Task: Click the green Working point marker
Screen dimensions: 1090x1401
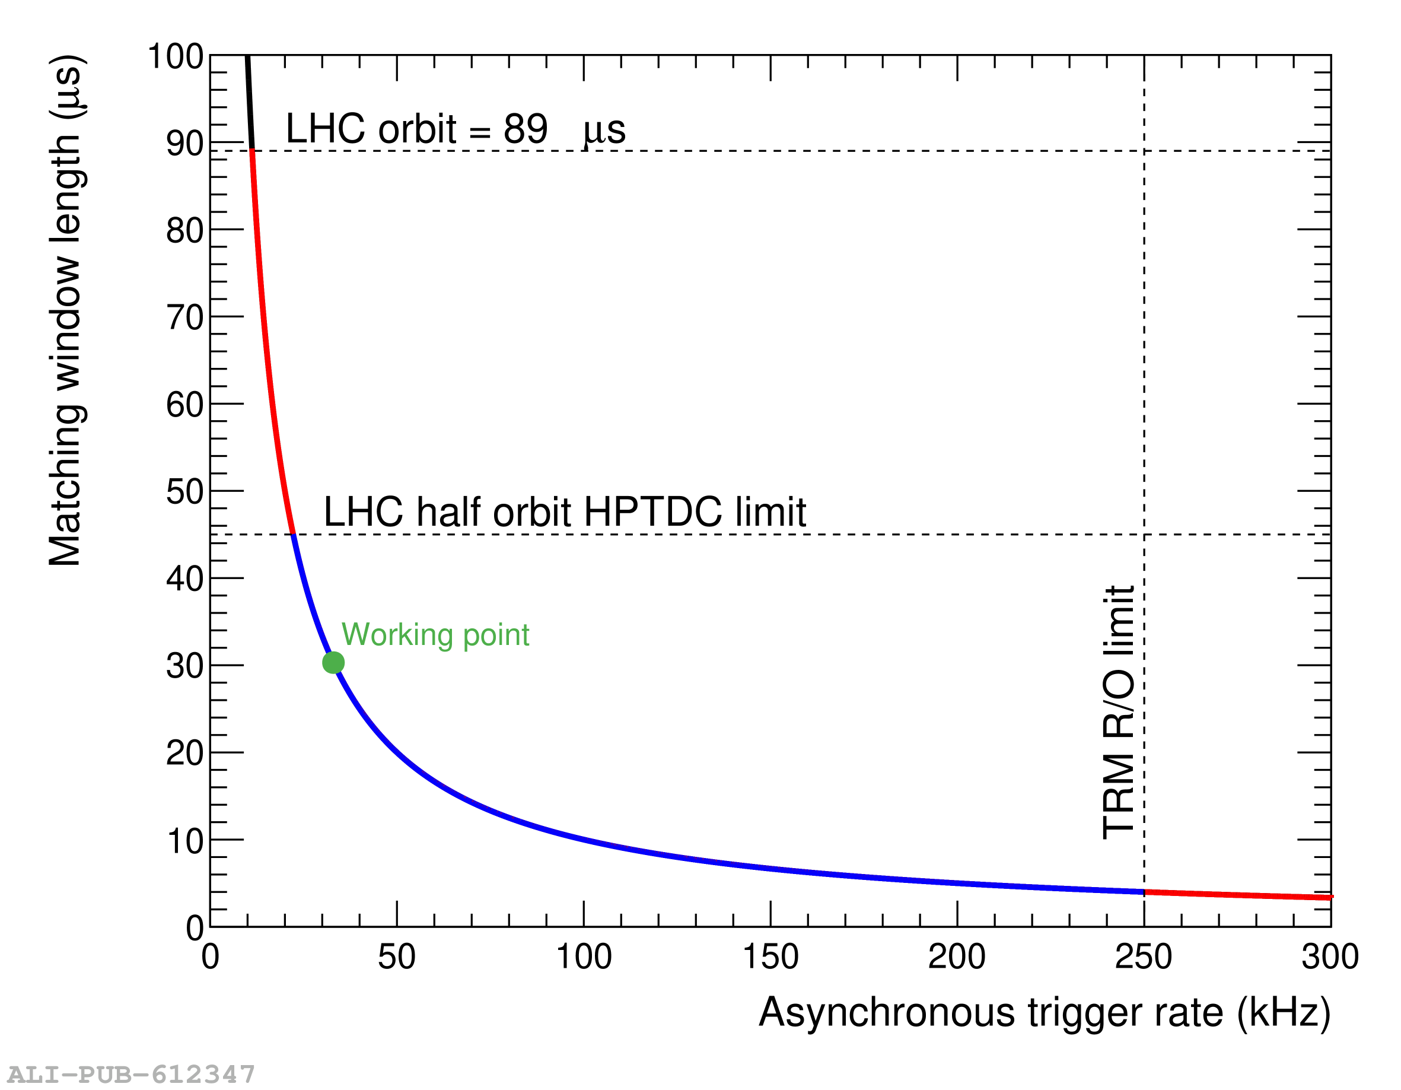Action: point(333,662)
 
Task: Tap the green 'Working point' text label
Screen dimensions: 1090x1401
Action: point(435,634)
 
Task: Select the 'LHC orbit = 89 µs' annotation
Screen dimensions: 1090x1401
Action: point(455,129)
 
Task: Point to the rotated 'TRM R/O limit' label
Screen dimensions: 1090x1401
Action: point(1118,712)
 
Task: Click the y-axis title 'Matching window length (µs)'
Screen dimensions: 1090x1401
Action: point(65,310)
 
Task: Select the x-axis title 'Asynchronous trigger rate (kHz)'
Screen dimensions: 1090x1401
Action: point(1045,1013)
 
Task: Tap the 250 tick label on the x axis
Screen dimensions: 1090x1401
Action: point(1143,956)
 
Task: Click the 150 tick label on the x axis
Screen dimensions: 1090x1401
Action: point(770,956)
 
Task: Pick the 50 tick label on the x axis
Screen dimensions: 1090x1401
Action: point(396,956)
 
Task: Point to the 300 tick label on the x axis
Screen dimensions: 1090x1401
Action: point(1329,956)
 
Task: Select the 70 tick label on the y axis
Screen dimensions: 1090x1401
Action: point(184,317)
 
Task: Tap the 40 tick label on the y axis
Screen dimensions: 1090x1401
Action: point(184,579)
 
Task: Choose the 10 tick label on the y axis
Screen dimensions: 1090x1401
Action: point(184,840)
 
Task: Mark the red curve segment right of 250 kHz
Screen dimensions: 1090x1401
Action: point(1238,895)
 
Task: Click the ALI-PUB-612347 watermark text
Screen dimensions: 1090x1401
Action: point(131,1073)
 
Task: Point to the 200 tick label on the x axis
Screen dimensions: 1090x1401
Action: point(957,956)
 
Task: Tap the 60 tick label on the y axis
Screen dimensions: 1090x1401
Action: point(184,405)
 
